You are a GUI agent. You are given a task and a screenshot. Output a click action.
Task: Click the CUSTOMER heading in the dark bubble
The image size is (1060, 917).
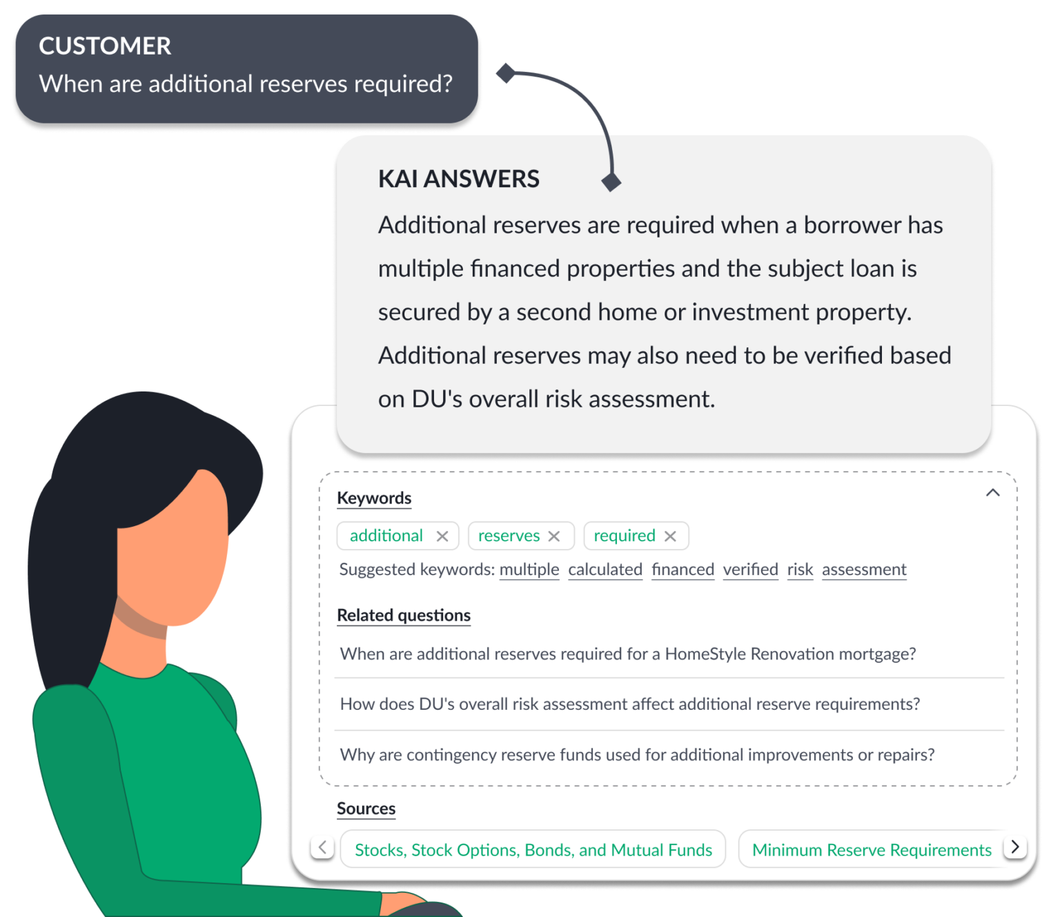tap(105, 46)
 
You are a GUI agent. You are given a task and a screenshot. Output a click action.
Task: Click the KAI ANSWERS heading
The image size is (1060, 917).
tap(458, 179)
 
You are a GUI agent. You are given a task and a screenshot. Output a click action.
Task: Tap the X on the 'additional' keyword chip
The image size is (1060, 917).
tap(442, 537)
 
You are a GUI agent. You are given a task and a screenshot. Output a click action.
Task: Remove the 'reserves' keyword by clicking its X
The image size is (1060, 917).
tap(554, 537)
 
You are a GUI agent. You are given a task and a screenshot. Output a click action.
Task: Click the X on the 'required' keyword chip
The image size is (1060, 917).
tap(670, 537)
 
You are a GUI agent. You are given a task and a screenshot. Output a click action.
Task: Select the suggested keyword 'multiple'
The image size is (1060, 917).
tap(529, 570)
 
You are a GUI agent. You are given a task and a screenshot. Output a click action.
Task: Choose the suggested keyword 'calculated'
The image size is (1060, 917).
tap(605, 570)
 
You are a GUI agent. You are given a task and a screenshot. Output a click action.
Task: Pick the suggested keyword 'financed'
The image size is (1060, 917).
tap(683, 570)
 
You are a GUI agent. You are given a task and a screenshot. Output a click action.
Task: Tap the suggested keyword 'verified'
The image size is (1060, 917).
tap(750, 570)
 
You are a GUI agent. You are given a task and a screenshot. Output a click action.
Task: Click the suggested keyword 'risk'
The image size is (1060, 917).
tap(800, 570)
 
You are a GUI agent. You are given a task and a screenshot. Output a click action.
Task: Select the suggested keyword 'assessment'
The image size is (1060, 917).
tap(864, 570)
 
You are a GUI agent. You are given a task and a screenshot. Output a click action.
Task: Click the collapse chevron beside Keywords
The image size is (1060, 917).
tap(992, 493)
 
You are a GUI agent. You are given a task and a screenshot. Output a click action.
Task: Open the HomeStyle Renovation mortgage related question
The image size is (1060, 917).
tap(628, 654)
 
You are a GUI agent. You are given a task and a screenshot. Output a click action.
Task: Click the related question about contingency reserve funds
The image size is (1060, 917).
tap(637, 755)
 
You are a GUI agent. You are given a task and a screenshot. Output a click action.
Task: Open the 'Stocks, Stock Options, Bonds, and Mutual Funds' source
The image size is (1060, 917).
tap(533, 850)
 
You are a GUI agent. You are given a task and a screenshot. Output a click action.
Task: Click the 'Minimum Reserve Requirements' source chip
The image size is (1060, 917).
tap(871, 850)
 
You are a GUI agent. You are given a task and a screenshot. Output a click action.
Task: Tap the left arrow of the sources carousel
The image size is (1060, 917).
tap(322, 847)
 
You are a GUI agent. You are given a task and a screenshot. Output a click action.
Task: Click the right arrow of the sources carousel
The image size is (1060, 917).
tap(1015, 847)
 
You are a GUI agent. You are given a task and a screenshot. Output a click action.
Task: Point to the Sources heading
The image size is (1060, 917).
tap(366, 809)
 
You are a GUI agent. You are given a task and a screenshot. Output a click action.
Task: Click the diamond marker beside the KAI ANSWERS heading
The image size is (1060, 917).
tap(611, 182)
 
